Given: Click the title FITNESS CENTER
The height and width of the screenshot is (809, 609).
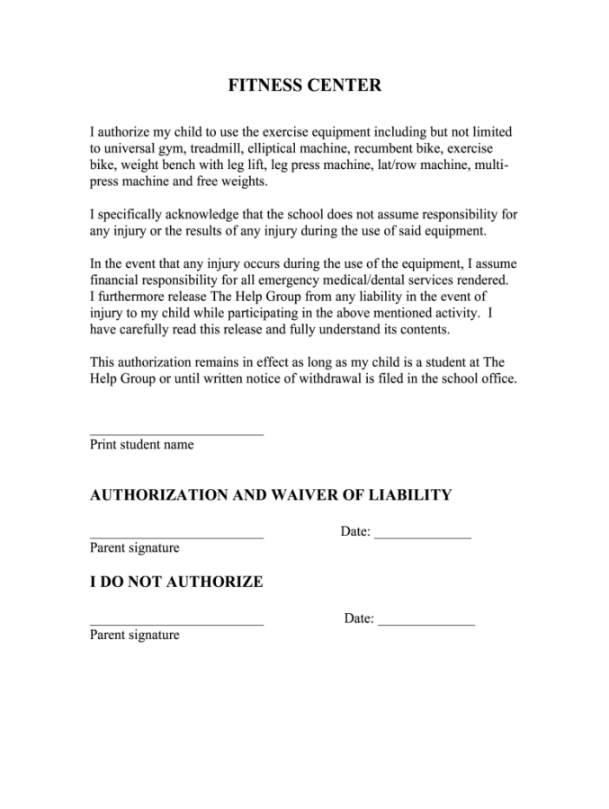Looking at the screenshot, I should (x=304, y=86).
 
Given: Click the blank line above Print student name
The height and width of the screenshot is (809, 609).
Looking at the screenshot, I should (x=176, y=433).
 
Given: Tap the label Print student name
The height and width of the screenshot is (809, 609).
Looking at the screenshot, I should (x=141, y=445).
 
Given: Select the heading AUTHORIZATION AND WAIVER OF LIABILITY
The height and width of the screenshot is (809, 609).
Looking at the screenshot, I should (x=270, y=495).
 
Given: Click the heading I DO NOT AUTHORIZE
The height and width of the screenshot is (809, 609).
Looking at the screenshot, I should (x=176, y=582).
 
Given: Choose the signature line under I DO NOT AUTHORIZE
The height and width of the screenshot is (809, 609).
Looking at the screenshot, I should (x=176, y=623).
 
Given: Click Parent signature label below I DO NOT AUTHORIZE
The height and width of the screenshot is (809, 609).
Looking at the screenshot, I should (x=134, y=636).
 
